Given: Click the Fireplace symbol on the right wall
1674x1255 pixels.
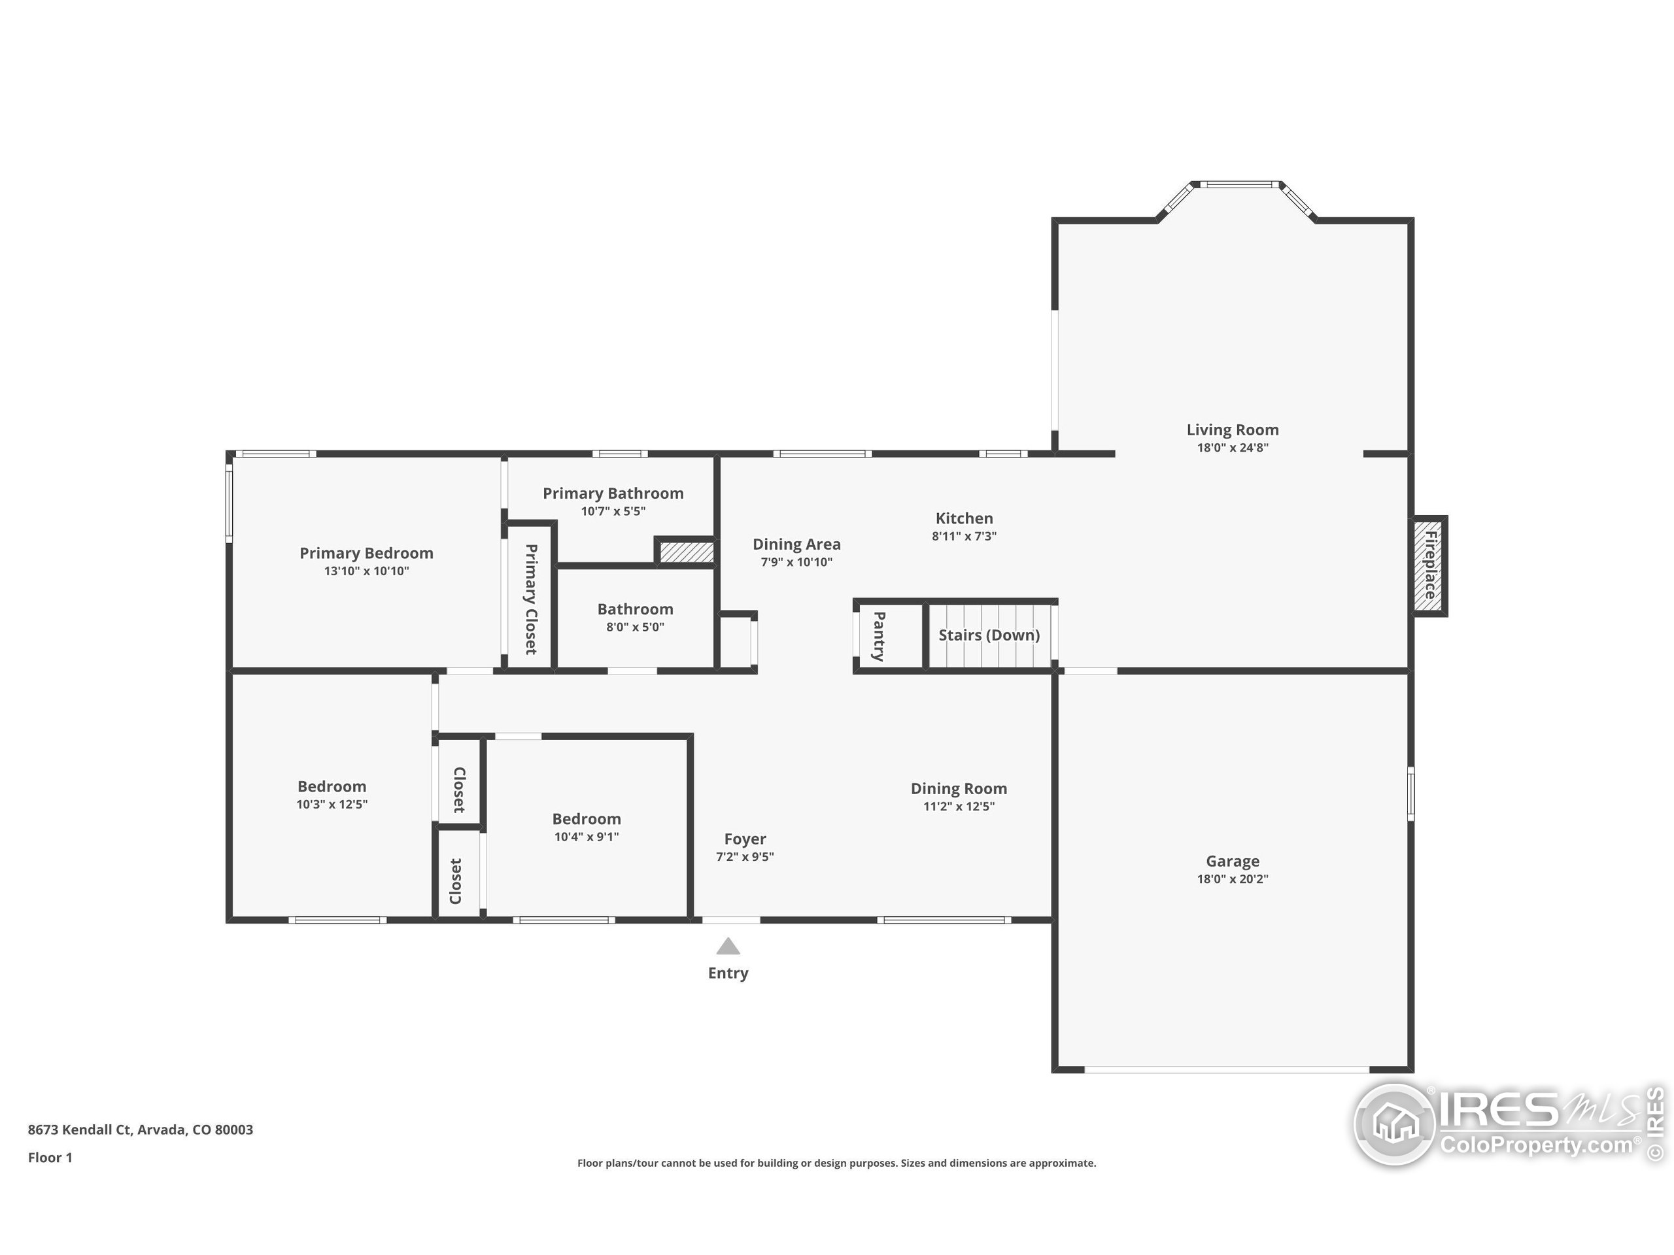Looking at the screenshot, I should point(1430,566).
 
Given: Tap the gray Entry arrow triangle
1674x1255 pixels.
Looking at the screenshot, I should point(728,946).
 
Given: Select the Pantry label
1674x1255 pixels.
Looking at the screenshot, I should point(879,636).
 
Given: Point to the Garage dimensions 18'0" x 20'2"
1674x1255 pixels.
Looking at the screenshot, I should point(1232,879).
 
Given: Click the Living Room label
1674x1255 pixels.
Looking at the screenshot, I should point(1232,429).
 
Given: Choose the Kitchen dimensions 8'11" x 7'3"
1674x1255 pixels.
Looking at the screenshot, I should point(963,537).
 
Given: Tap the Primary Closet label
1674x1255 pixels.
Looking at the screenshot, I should point(530,599).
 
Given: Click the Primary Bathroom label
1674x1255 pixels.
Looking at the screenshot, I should point(613,494).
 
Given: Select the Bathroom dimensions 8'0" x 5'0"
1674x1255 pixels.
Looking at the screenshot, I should point(635,627).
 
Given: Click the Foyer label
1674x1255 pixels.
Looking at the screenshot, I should point(745,839).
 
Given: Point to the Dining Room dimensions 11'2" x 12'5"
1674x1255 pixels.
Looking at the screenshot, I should point(958,807).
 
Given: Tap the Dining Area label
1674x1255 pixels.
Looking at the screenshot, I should point(796,544).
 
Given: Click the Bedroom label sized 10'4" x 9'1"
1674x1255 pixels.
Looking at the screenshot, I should point(586,818).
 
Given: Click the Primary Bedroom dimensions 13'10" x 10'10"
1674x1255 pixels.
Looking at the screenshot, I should point(366,571).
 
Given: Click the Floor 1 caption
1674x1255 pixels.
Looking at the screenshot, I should point(50,1158).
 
